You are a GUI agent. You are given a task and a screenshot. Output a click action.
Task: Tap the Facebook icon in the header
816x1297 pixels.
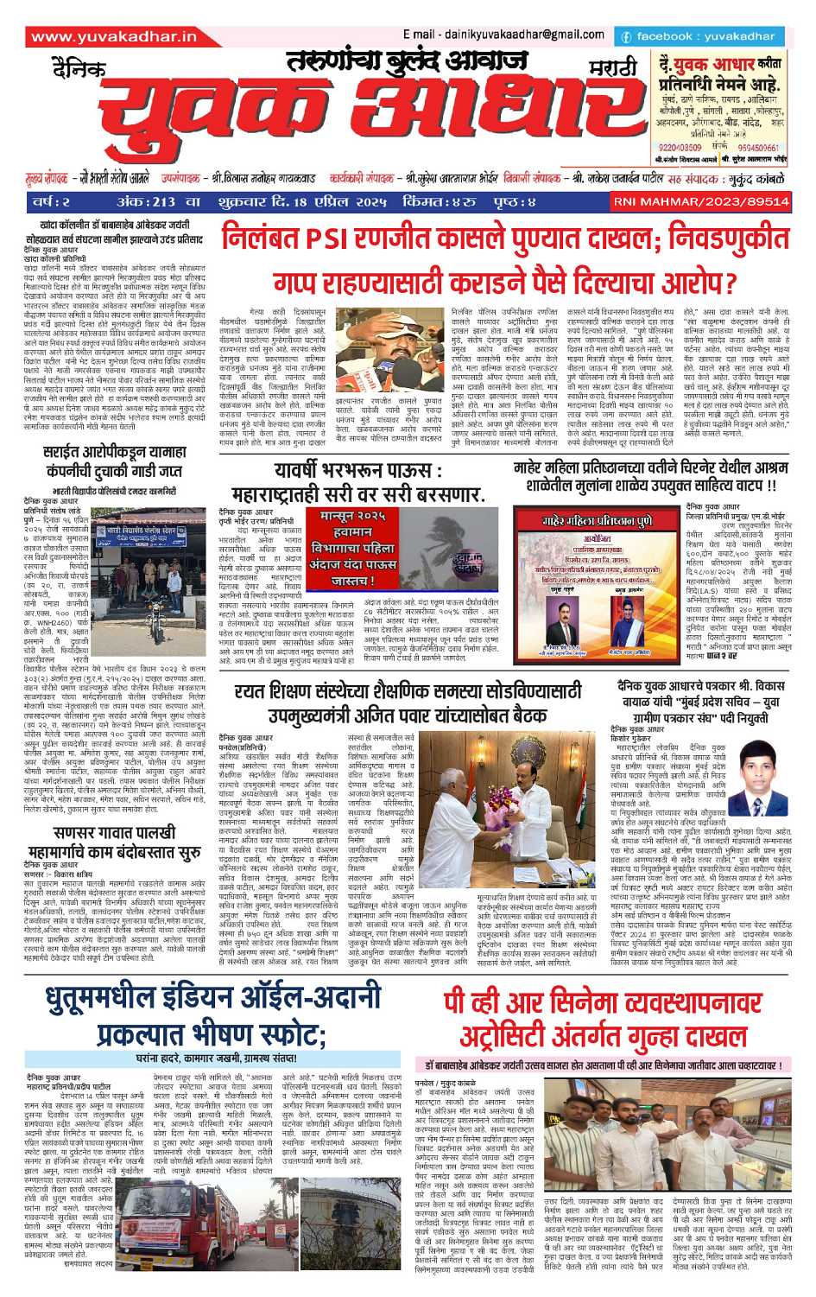pos(625,37)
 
